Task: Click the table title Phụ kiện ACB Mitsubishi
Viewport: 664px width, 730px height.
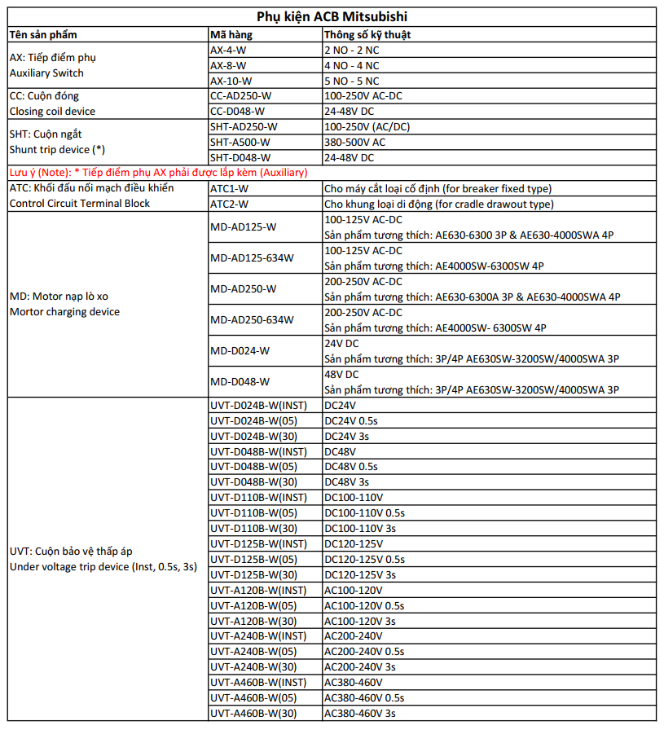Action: pyautogui.click(x=332, y=16)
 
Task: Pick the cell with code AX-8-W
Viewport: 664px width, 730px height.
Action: pyautogui.click(x=228, y=65)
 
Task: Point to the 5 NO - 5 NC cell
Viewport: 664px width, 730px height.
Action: pyautogui.click(x=351, y=81)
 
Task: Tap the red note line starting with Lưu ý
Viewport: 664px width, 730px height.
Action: pyautogui.click(x=158, y=173)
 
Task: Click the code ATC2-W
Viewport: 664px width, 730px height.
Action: pyautogui.click(x=229, y=204)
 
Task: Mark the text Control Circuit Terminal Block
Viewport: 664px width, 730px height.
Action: pyautogui.click(x=79, y=204)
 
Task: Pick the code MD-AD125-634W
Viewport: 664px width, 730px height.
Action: pyautogui.click(x=252, y=257)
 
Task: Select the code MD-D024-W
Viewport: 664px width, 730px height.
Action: pyautogui.click(x=240, y=350)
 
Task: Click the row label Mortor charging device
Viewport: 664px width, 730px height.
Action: pyautogui.click(x=64, y=312)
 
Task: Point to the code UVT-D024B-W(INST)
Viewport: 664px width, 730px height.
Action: pyautogui.click(x=258, y=405)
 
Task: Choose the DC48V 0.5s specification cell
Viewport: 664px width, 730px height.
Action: pyautogui.click(x=350, y=467)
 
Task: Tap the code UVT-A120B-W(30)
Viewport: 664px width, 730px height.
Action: pyautogui.click(x=253, y=622)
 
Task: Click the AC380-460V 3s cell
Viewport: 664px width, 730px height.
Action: pyautogui.click(x=359, y=714)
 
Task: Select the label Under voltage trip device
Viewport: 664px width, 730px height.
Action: pyautogui.click(x=69, y=567)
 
